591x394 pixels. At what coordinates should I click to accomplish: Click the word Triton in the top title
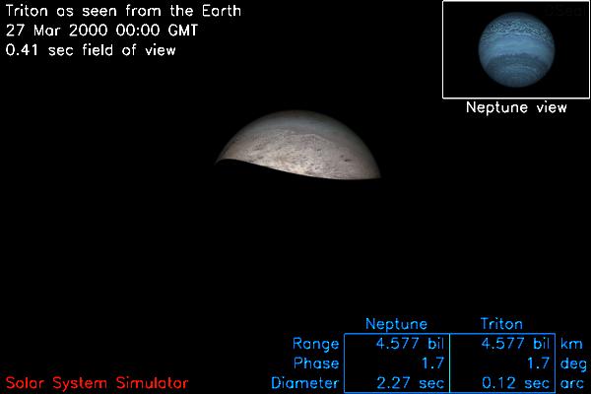pyautogui.click(x=28, y=11)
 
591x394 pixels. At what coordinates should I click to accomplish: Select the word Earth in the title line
pyautogui.click(x=222, y=11)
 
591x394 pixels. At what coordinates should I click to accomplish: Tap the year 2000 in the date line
pyautogui.click(x=89, y=31)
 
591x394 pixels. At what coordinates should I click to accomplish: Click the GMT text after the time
pyautogui.click(x=183, y=31)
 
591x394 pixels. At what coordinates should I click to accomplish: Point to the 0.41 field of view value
pyautogui.click(x=22, y=50)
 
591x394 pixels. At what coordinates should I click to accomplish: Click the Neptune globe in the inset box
pyautogui.click(x=516, y=49)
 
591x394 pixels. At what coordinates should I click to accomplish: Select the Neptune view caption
pyautogui.click(x=516, y=107)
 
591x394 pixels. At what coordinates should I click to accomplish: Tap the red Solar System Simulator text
pyautogui.click(x=97, y=383)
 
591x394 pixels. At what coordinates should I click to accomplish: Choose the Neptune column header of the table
pyautogui.click(x=397, y=324)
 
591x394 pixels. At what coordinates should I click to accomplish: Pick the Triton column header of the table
pyautogui.click(x=501, y=324)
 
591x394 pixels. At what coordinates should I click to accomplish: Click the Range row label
pyautogui.click(x=316, y=344)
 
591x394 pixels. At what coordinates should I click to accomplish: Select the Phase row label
pyautogui.click(x=316, y=363)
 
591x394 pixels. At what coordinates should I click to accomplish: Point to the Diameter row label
pyautogui.click(x=305, y=383)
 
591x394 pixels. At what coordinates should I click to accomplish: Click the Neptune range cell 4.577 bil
pyautogui.click(x=410, y=344)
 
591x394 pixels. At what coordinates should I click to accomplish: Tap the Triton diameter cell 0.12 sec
pyautogui.click(x=515, y=383)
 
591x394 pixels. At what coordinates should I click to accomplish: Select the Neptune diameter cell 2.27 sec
pyautogui.click(x=410, y=383)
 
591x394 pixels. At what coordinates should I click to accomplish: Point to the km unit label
pyautogui.click(x=571, y=344)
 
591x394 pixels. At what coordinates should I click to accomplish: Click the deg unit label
pyautogui.click(x=573, y=364)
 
